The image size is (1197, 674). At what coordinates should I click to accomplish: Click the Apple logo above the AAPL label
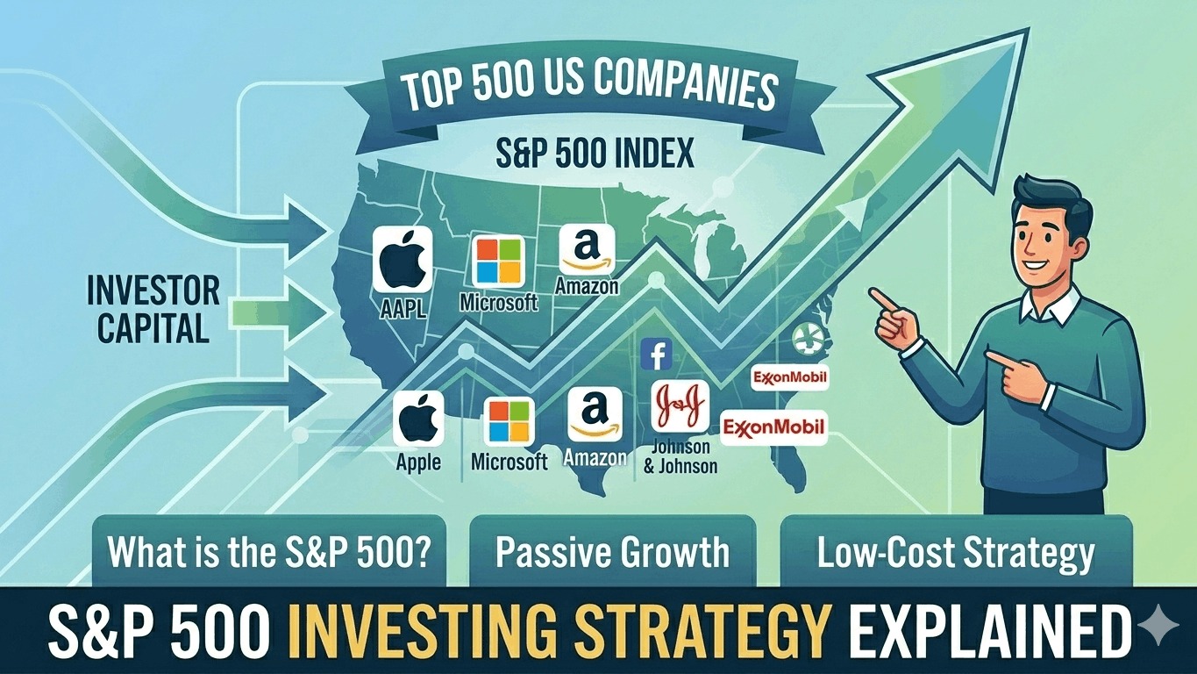(403, 260)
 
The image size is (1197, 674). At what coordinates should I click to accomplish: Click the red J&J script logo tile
(680, 405)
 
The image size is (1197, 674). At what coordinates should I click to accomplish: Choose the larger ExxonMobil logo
(773, 427)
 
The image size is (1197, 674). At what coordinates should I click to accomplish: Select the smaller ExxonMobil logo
(790, 377)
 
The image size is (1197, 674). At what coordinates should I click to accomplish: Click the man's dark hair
(1051, 197)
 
